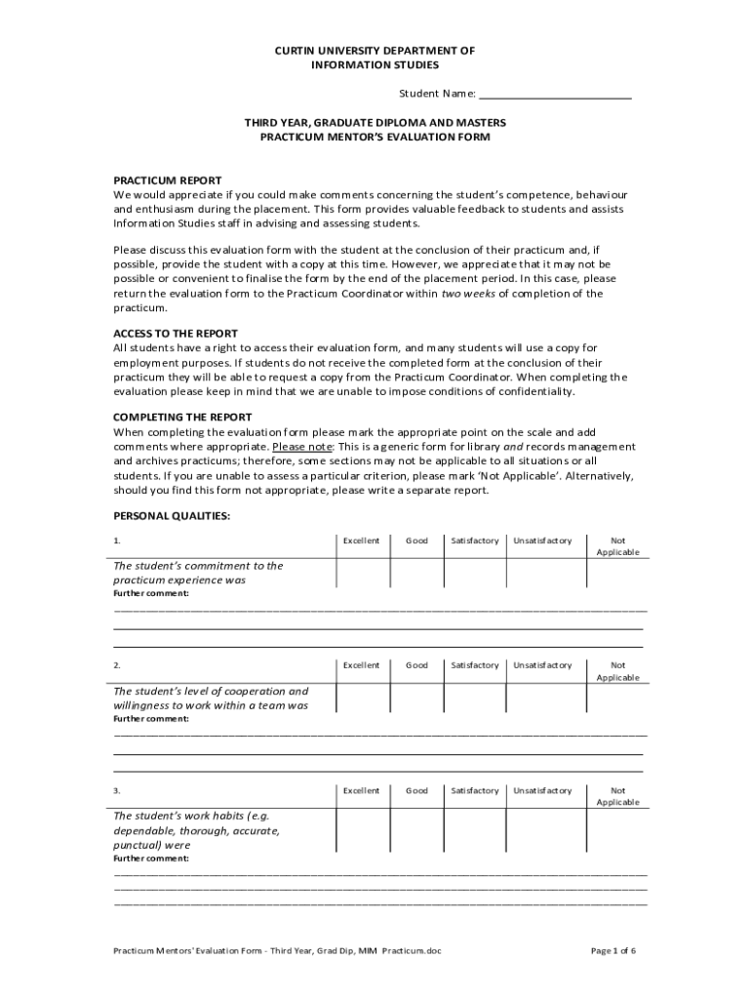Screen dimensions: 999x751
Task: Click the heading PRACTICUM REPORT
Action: click(x=168, y=180)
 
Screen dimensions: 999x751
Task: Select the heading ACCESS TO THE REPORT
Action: click(x=176, y=334)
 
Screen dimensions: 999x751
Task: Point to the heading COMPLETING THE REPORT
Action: click(x=183, y=418)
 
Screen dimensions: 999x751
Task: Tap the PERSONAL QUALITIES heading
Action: click(x=172, y=516)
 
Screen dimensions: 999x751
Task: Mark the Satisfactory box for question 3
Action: click(x=475, y=829)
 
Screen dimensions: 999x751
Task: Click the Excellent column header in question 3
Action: click(x=361, y=790)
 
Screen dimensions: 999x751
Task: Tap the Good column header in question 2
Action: click(x=416, y=665)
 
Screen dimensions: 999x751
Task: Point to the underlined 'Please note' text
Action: click(x=303, y=447)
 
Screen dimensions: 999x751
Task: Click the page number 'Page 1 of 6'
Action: click(x=613, y=950)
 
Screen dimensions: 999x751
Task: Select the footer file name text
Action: click(x=277, y=950)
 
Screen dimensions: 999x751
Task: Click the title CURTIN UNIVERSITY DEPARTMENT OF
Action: click(x=375, y=50)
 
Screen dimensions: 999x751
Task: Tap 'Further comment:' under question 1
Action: click(x=151, y=593)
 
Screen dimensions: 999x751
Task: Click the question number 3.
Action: click(x=117, y=790)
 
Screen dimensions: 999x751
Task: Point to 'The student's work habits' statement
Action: click(x=196, y=830)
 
